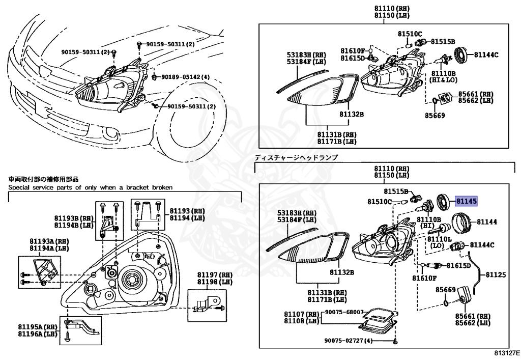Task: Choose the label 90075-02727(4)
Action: pyautogui.click(x=349, y=340)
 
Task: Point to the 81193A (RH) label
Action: pyautogui.click(x=40, y=241)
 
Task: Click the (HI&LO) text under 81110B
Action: pyautogui.click(x=444, y=80)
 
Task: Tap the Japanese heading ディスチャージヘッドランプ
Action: pyautogui.click(x=296, y=158)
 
